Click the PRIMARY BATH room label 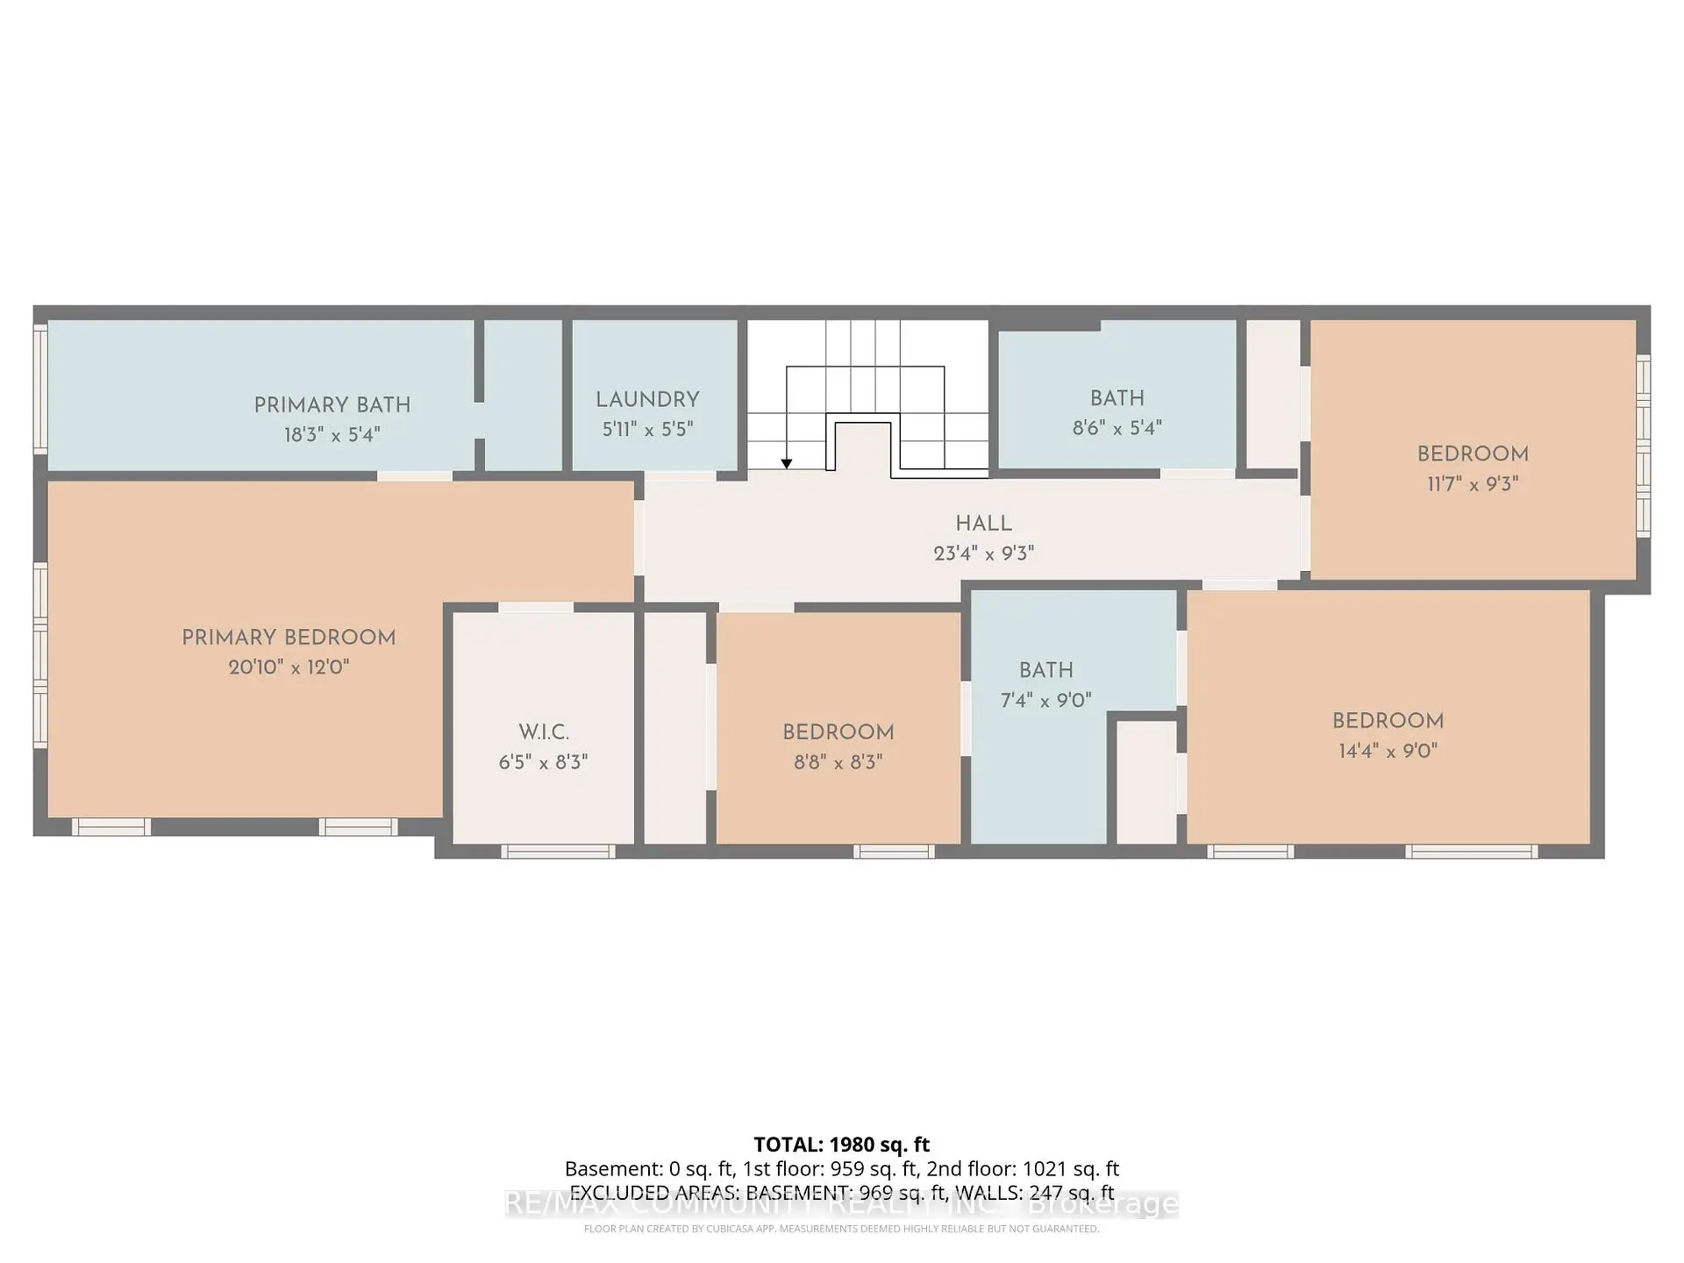click(x=332, y=405)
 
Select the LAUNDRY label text click(x=647, y=400)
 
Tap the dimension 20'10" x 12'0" click(x=289, y=667)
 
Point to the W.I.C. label click(x=543, y=732)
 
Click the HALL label click(x=983, y=524)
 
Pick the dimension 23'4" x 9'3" click(x=983, y=553)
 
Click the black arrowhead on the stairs click(x=787, y=464)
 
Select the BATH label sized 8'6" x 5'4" click(x=1117, y=398)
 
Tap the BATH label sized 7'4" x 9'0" click(x=1045, y=670)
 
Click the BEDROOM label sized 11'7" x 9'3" click(x=1473, y=454)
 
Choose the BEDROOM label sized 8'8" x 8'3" click(x=838, y=732)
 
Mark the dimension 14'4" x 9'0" click(x=1388, y=751)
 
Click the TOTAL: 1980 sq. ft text click(x=841, y=1145)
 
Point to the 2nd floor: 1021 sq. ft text click(x=1023, y=1169)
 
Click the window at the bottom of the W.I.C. click(x=558, y=851)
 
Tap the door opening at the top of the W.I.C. click(x=536, y=607)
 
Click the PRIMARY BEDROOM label click(x=289, y=638)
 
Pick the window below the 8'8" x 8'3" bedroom click(x=893, y=851)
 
